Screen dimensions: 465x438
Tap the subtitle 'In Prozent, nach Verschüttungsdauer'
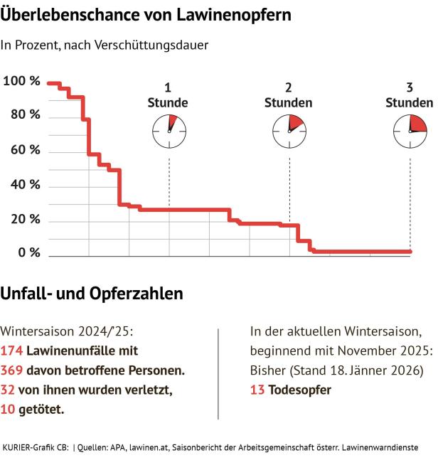(x=105, y=46)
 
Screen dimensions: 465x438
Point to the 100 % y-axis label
(x=21, y=81)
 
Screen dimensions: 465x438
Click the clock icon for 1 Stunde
(x=169, y=131)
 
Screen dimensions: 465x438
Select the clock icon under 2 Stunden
(x=289, y=131)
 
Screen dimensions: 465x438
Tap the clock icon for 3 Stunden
(x=410, y=131)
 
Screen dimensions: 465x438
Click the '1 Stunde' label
(x=168, y=95)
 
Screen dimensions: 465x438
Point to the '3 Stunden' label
(x=409, y=95)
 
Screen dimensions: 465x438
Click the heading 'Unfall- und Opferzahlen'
(x=92, y=293)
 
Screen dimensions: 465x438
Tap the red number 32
(x=8, y=390)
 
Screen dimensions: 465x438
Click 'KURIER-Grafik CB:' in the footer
(x=36, y=447)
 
